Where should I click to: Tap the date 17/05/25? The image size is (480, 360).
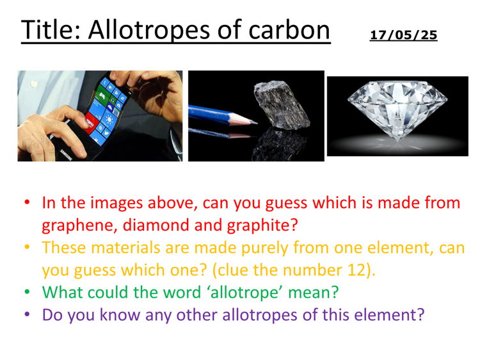[x=403, y=35]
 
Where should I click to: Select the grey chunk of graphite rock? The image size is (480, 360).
[x=282, y=106]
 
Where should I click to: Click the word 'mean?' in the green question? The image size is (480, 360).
[x=314, y=293]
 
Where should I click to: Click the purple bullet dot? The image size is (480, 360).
[x=27, y=315]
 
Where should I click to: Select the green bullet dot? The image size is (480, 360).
[x=27, y=293]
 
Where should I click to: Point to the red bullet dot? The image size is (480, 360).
[x=27, y=203]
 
